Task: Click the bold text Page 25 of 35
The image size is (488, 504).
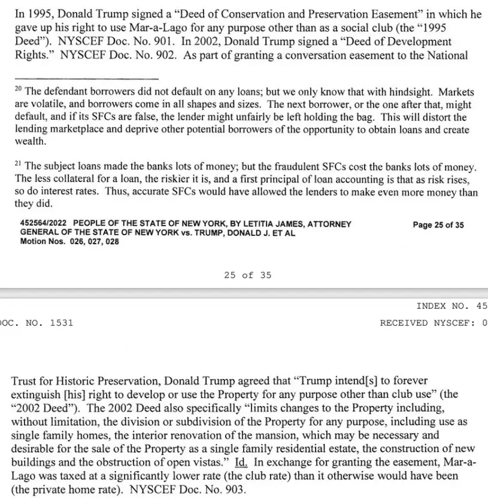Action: (x=438, y=225)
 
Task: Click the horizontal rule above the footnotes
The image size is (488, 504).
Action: (x=86, y=79)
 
